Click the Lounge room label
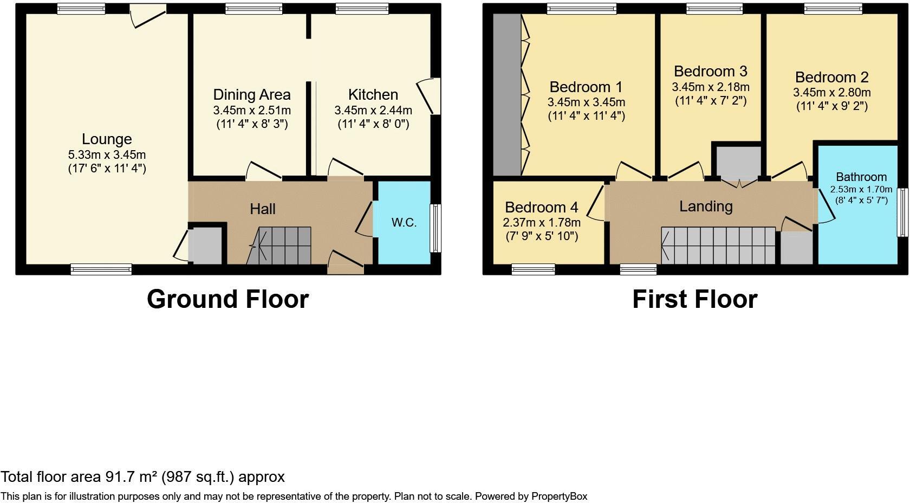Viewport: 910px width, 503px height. click(x=107, y=139)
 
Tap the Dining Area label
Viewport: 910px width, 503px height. click(x=252, y=95)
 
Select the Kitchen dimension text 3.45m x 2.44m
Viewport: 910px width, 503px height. click(x=373, y=110)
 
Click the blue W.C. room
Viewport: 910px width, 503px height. click(x=404, y=222)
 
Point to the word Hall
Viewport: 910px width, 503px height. click(x=262, y=209)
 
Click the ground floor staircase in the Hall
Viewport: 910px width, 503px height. click(x=278, y=246)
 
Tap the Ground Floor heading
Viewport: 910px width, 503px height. click(x=228, y=299)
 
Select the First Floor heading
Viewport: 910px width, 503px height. click(x=694, y=299)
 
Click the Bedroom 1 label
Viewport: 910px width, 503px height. click(x=586, y=87)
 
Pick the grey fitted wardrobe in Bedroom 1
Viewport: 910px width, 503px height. click(x=507, y=95)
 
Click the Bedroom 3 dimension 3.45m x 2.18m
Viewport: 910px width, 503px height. click(x=711, y=87)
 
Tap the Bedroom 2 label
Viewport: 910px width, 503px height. click(x=831, y=78)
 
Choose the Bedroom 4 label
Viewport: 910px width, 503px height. click(x=541, y=208)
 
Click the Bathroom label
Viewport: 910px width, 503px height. click(x=861, y=177)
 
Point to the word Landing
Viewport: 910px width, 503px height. click(x=706, y=207)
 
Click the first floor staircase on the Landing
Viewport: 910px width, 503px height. click(x=718, y=246)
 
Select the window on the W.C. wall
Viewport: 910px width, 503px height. click(x=435, y=228)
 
